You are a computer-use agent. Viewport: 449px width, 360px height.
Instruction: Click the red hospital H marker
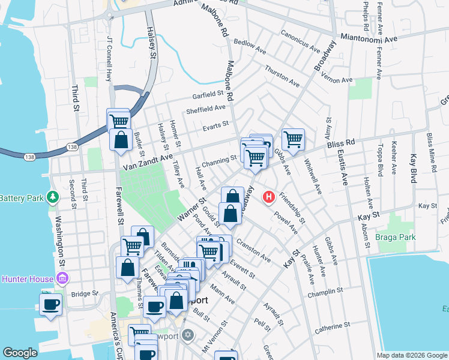[269, 196]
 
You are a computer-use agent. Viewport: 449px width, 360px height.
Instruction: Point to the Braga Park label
[397, 237]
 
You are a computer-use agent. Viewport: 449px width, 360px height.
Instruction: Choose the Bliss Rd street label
[341, 145]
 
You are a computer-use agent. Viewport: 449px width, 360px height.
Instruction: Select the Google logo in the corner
[20, 353]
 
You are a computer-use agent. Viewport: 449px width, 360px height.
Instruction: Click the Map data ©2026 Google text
[411, 355]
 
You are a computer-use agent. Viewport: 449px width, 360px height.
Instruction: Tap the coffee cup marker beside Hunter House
[50, 303]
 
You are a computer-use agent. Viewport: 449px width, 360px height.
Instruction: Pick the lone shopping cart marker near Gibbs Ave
[293, 140]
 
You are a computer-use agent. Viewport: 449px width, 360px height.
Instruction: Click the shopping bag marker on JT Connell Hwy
[121, 140]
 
